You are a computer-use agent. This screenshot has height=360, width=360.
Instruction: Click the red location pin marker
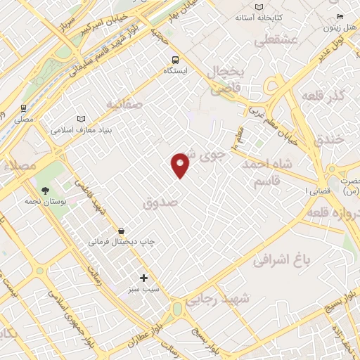click(x=181, y=165)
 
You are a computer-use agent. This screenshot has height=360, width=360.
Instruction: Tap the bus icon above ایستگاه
click(x=174, y=60)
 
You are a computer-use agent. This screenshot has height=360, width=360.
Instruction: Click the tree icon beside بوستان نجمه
click(x=46, y=190)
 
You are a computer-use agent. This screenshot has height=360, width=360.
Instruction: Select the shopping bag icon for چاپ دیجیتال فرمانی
click(x=122, y=230)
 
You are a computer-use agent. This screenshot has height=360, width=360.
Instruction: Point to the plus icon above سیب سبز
click(x=144, y=278)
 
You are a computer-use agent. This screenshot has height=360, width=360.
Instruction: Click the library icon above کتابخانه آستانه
click(x=259, y=6)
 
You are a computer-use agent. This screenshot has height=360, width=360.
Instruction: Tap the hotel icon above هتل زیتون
click(x=340, y=17)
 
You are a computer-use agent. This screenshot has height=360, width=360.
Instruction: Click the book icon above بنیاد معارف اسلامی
click(x=79, y=120)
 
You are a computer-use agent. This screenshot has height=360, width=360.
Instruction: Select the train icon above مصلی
click(x=24, y=108)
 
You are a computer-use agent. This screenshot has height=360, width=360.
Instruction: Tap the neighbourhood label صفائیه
click(x=124, y=104)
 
